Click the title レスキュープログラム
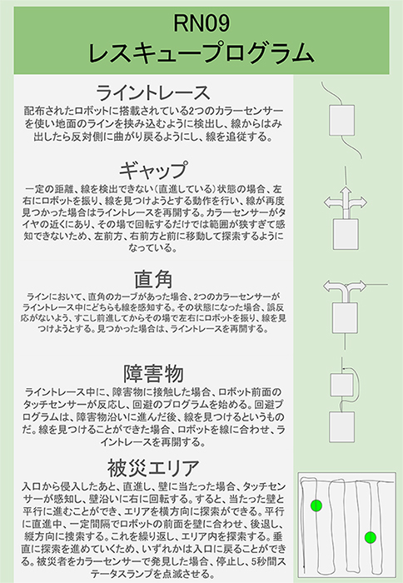click(x=201, y=52)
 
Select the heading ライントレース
click(x=153, y=92)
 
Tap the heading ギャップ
click(x=153, y=170)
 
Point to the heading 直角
click(x=153, y=280)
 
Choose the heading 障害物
click(x=153, y=374)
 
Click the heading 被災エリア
click(x=153, y=468)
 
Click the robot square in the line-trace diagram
click(x=341, y=120)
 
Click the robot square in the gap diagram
click(x=346, y=234)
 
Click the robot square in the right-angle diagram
click(x=345, y=317)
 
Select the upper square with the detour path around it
click(x=342, y=385)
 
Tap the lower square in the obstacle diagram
click(x=341, y=426)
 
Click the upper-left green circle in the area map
click(x=316, y=506)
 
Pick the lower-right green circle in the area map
click(x=371, y=537)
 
